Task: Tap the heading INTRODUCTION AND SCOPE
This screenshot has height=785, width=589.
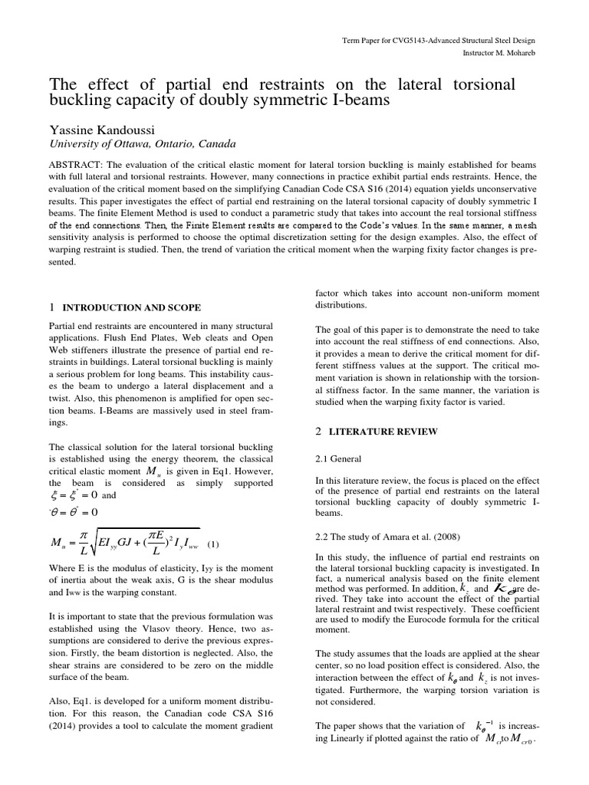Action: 130,307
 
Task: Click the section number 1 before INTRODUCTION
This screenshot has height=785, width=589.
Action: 51,307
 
